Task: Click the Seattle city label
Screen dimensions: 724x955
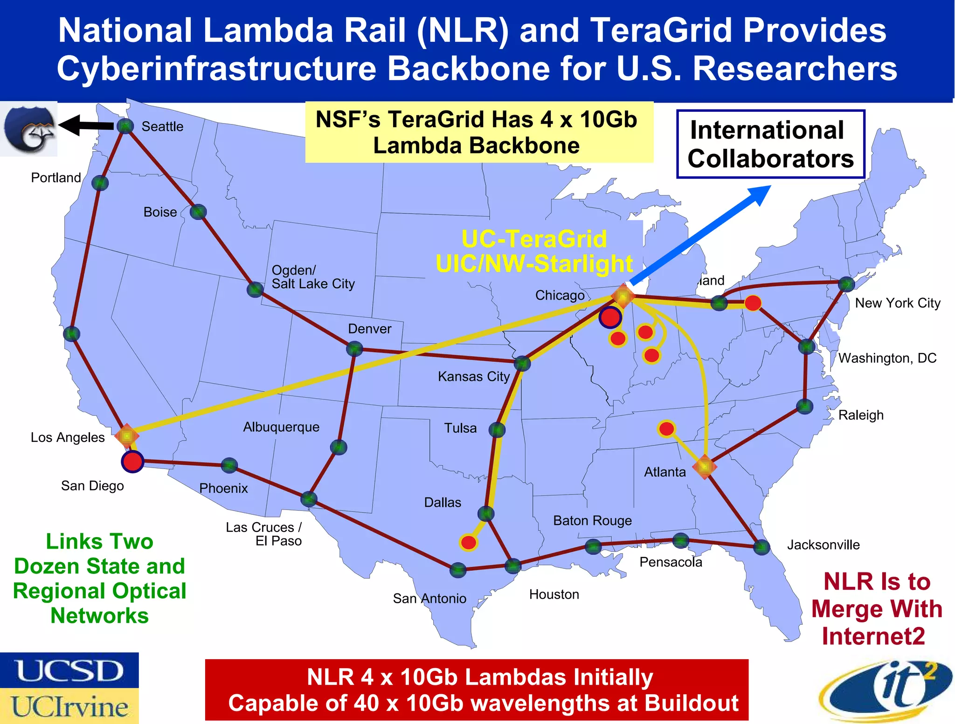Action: pyautogui.click(x=162, y=127)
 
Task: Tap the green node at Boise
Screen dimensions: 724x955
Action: pyautogui.click(x=198, y=212)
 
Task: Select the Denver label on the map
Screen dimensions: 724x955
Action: pyautogui.click(x=369, y=329)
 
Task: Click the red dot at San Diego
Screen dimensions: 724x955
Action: pyautogui.click(x=132, y=462)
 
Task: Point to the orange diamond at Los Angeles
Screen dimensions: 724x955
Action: pyautogui.click(x=126, y=436)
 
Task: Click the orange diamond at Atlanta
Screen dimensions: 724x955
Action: pyautogui.click(x=705, y=467)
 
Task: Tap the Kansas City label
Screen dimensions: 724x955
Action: pyautogui.click(x=474, y=377)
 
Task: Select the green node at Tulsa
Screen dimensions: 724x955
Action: pyautogui.click(x=498, y=430)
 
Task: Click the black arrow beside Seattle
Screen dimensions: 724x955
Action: pyautogui.click(x=87, y=125)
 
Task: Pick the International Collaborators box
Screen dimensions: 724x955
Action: pyautogui.click(x=770, y=144)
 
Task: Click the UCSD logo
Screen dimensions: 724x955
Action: pyautogui.click(x=69, y=670)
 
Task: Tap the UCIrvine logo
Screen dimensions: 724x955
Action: pyautogui.click(x=69, y=706)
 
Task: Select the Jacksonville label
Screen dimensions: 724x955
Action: pyautogui.click(x=823, y=545)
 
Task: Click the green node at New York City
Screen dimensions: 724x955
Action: pyautogui.click(x=846, y=284)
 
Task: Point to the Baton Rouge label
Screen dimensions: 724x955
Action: pyautogui.click(x=592, y=521)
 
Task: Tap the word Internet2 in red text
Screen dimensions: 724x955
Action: pyautogui.click(x=873, y=636)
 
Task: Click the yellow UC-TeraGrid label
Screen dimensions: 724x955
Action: pyautogui.click(x=534, y=239)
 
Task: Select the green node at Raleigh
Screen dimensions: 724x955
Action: pyautogui.click(x=805, y=407)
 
